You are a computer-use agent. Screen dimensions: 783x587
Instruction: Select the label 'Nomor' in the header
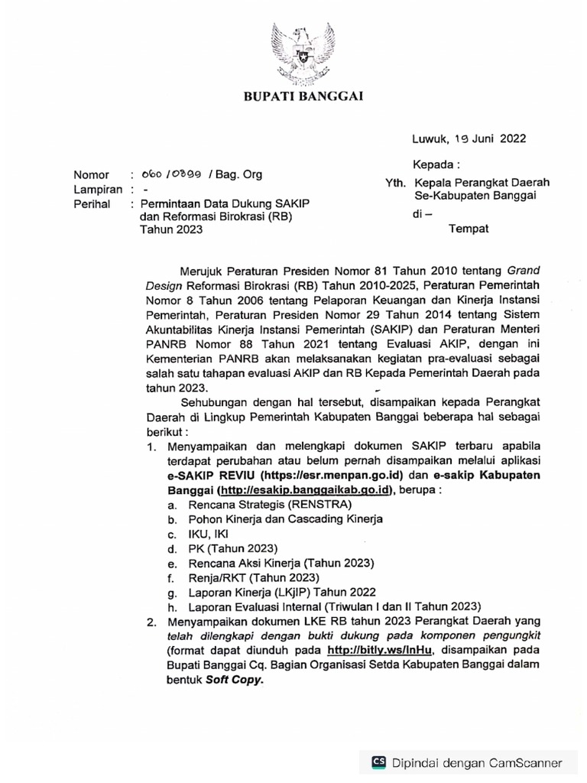pos(91,175)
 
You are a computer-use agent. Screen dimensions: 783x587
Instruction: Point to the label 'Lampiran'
pos(98,190)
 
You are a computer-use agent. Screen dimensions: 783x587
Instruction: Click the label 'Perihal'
pos(92,204)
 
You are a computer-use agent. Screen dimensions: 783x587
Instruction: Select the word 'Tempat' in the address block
pos(468,228)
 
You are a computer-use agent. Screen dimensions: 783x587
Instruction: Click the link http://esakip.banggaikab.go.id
pos(304,489)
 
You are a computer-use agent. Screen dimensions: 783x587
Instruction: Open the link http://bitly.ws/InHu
pos(380,650)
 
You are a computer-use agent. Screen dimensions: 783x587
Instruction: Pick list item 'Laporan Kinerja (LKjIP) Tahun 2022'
pos(278,592)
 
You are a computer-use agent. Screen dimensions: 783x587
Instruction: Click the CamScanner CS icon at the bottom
pos(378,762)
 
